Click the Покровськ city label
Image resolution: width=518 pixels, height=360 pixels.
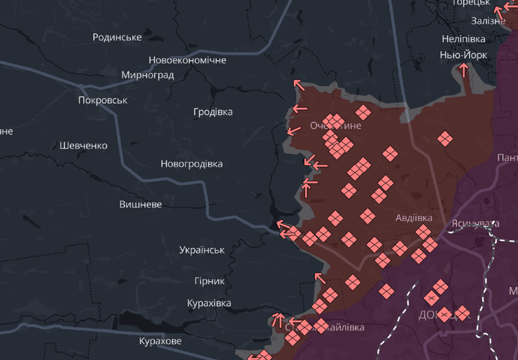(102, 100)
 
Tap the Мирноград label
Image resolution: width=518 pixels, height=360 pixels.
(147, 75)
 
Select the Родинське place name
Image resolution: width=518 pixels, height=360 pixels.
(117, 37)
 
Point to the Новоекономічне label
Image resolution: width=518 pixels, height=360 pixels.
(188, 60)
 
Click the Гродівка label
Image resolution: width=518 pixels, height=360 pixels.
(213, 112)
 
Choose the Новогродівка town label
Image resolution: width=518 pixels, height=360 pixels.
(191, 164)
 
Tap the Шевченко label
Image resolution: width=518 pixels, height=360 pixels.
(83, 146)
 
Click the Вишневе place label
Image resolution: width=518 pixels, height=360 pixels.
(140, 205)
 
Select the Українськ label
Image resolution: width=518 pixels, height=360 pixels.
(202, 250)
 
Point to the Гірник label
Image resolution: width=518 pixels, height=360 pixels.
(209, 281)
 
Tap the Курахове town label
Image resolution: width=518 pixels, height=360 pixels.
(160, 341)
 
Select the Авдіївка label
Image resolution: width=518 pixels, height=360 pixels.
(413, 218)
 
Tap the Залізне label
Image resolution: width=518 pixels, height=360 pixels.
(488, 21)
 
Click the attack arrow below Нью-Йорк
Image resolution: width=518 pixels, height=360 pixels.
(463, 69)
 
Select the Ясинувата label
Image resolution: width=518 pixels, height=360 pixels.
(475, 223)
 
